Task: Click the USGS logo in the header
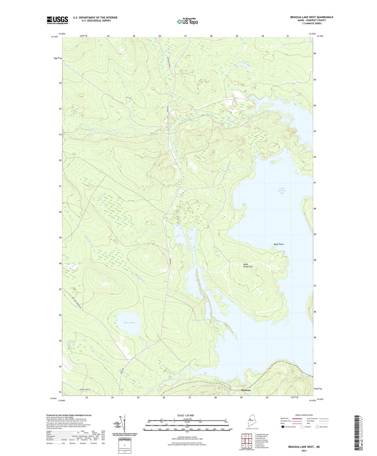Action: click(57, 20)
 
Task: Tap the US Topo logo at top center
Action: click(187, 22)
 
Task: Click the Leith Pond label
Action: click(244, 62)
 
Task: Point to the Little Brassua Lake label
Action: click(282, 191)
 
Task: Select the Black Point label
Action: click(278, 244)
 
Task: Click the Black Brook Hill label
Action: click(248, 265)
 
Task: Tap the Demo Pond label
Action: click(129, 323)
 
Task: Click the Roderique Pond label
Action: click(199, 320)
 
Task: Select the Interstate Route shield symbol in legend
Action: click(283, 427)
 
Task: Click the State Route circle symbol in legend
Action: click(317, 427)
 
